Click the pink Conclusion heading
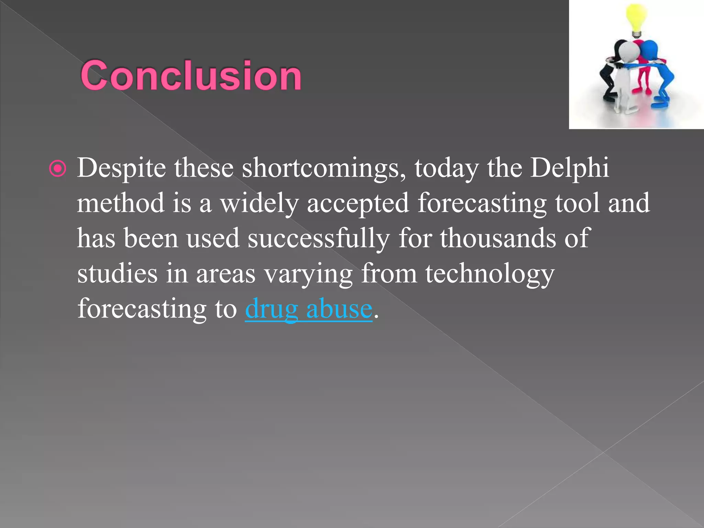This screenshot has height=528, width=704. (x=191, y=76)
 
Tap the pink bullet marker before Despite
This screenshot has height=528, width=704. (x=57, y=169)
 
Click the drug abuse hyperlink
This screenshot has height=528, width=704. (x=308, y=309)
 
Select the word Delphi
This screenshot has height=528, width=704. (x=569, y=168)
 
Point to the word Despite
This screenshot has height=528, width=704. (x=121, y=168)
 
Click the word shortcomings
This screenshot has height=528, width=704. (x=324, y=168)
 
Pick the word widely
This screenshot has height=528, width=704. (x=259, y=203)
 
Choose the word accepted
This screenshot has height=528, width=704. (x=358, y=203)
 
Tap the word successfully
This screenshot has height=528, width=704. (x=319, y=238)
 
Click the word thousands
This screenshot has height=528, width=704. (x=498, y=238)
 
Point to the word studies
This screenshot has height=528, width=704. (x=117, y=273)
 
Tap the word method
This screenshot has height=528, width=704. (x=120, y=203)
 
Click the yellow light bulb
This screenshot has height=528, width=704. (x=637, y=19)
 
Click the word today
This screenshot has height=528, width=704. (x=446, y=168)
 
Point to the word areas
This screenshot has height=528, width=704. (x=225, y=274)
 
